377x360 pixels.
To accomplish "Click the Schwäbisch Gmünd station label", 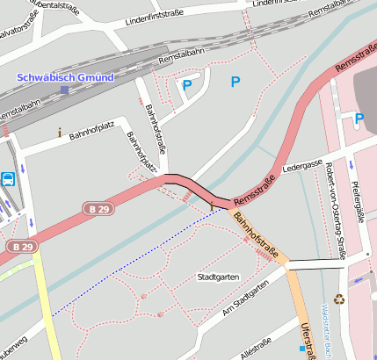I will pyautogui.click(x=65, y=77).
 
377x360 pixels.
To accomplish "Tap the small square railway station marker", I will pyautogui.click(x=64, y=90).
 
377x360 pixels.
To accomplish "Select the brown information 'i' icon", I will pyautogui.click(x=59, y=133).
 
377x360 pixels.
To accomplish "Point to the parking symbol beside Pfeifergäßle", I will pyautogui.click(x=359, y=119).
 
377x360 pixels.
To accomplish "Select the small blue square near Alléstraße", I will pyautogui.click(x=301, y=349).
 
